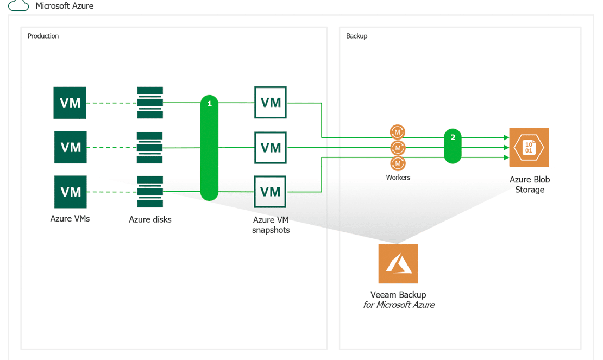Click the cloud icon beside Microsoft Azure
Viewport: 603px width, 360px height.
point(18,5)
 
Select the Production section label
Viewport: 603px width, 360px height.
point(43,36)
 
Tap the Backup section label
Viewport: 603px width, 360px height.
point(356,36)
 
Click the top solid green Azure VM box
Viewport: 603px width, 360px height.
point(70,103)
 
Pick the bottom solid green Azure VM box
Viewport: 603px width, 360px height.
point(71,192)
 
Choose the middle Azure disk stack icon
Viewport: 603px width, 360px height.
point(149,148)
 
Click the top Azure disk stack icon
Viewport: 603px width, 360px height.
point(150,103)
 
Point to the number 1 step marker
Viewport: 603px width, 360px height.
point(209,104)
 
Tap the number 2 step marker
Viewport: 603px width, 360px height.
point(453,137)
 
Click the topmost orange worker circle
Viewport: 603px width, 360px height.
point(398,132)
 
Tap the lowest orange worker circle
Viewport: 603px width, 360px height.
point(398,163)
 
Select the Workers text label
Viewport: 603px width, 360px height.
point(398,178)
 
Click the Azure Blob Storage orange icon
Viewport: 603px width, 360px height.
point(529,148)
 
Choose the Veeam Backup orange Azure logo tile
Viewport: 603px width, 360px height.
point(398,263)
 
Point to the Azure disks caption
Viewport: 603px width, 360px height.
point(150,219)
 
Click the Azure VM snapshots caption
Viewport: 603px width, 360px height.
point(271,225)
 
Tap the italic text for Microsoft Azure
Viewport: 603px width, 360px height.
point(399,305)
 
